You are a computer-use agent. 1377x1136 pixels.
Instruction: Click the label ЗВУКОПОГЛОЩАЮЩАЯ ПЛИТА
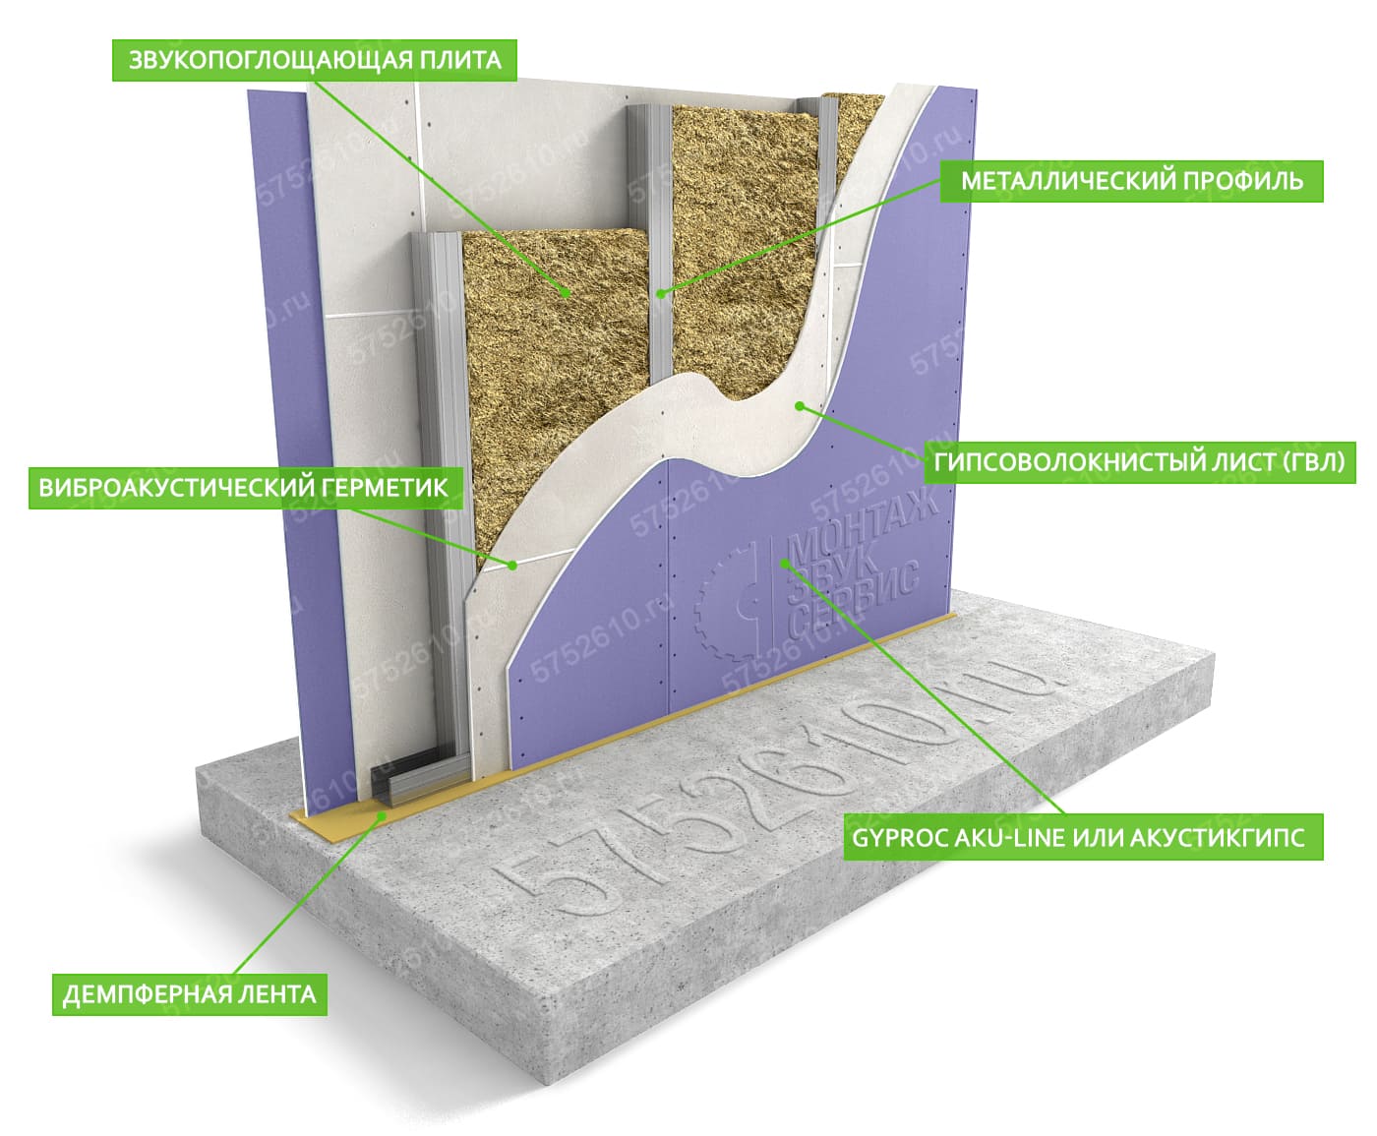click(315, 60)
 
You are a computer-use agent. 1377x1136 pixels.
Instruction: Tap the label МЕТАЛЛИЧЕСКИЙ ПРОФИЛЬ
click(1131, 181)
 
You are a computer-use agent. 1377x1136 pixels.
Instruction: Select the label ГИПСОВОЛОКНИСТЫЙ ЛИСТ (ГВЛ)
click(1139, 462)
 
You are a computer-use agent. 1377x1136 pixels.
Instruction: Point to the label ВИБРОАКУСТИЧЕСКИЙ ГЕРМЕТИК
click(244, 488)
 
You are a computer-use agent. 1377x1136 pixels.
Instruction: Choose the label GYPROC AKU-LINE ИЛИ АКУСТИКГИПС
click(1083, 838)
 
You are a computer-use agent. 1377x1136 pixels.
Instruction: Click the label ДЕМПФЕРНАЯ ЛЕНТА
click(190, 994)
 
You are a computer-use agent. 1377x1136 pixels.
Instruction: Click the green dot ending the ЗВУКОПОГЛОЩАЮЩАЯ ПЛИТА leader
click(566, 292)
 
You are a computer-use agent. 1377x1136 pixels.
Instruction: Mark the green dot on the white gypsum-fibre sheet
click(800, 405)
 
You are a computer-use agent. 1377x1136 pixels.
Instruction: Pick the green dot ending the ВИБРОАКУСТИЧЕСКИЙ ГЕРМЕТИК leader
click(511, 565)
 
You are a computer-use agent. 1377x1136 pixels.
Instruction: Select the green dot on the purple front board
click(784, 563)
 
